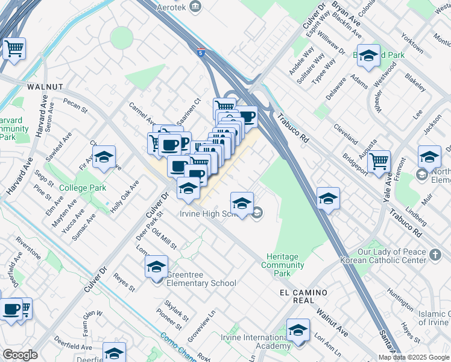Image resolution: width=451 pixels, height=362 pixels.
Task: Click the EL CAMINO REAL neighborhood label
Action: click(303, 296)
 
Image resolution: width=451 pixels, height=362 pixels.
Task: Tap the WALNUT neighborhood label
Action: click(45, 87)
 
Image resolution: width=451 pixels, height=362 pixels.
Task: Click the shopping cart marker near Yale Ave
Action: click(379, 162)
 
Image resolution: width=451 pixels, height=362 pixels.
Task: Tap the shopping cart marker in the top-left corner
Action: click(14, 49)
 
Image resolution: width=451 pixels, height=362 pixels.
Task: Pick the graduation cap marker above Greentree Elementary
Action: click(157, 266)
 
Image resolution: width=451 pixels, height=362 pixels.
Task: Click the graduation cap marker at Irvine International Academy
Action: click(298, 331)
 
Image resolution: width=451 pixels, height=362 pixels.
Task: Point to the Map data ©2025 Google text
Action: click(414, 357)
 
